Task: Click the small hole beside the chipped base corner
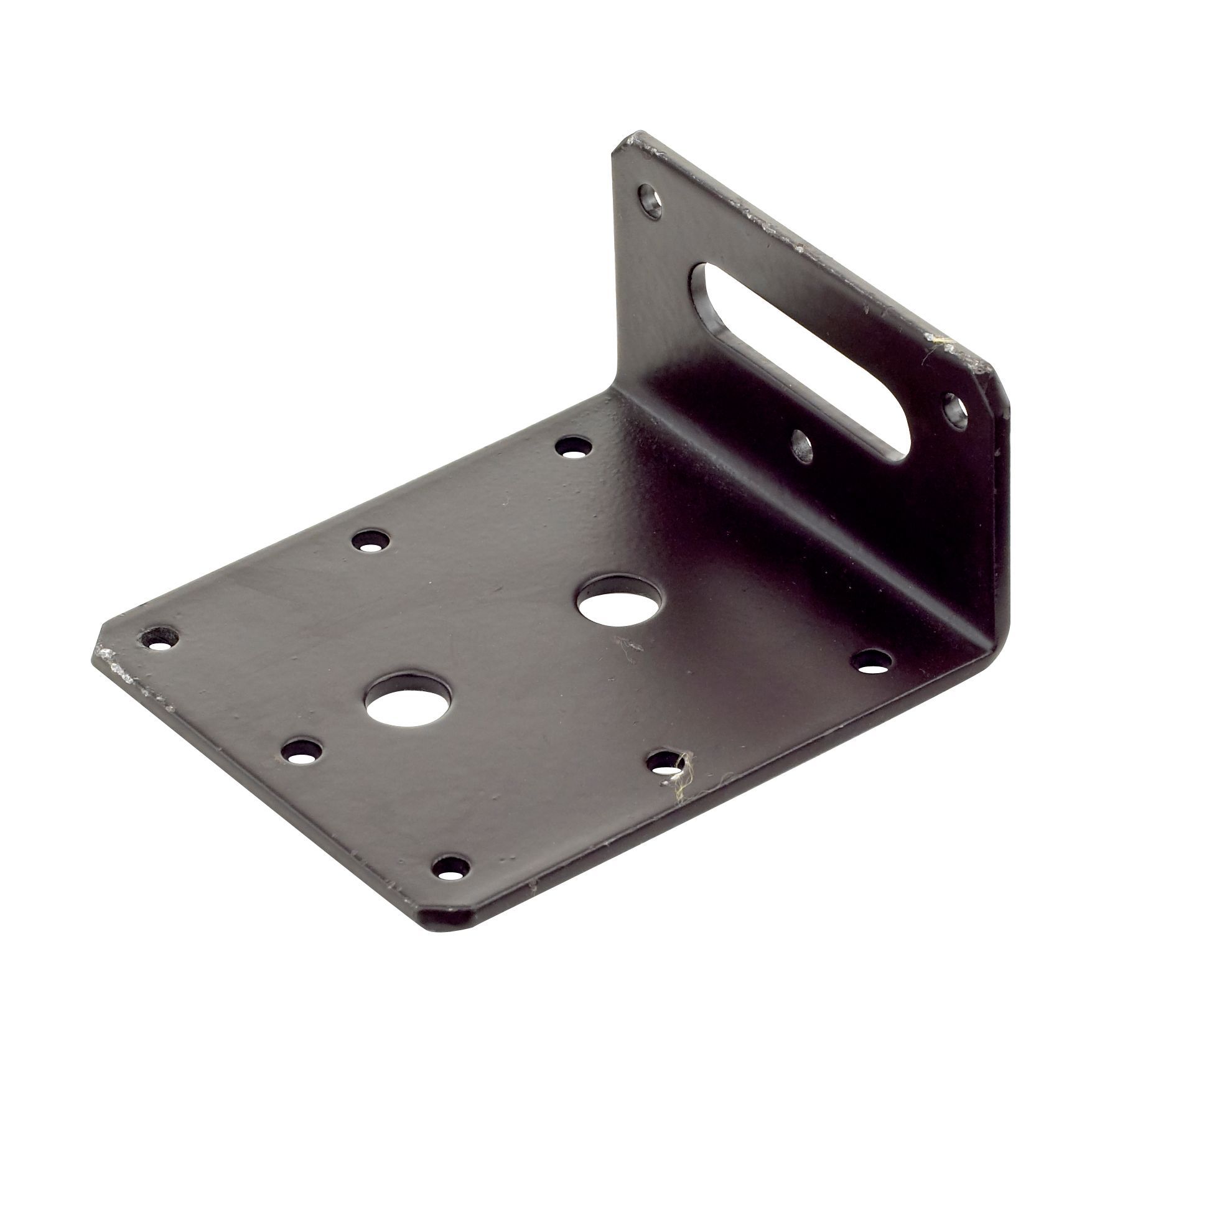click(x=159, y=638)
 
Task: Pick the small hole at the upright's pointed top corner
click(x=651, y=202)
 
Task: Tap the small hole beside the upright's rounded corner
click(x=954, y=408)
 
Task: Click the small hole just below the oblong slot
click(x=802, y=445)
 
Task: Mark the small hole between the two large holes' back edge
click(x=371, y=541)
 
